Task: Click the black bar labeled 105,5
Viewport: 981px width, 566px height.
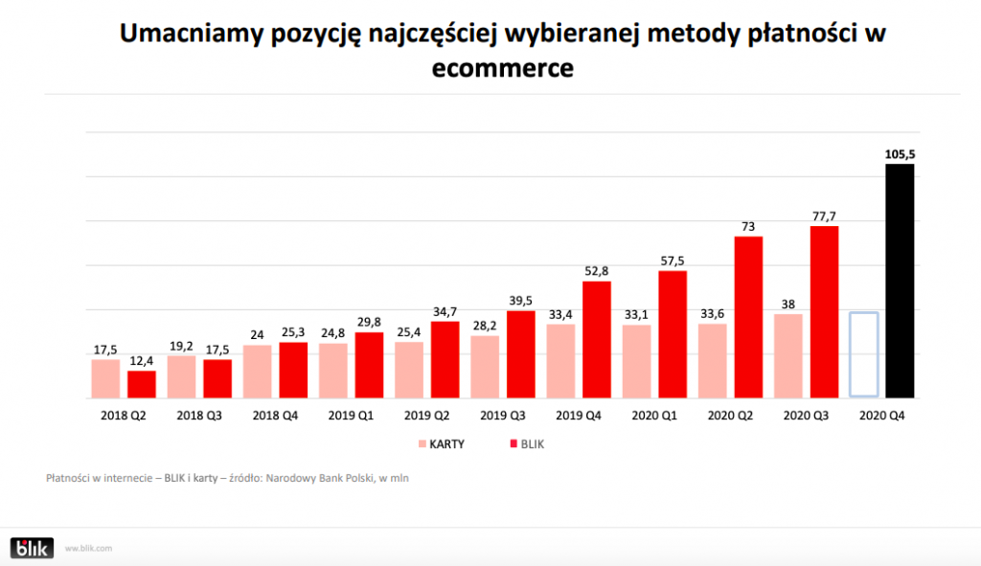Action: click(900, 281)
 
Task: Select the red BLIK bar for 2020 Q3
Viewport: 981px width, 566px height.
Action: click(824, 311)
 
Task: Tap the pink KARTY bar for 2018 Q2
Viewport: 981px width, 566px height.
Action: click(105, 378)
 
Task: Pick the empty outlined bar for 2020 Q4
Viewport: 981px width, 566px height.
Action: click(863, 354)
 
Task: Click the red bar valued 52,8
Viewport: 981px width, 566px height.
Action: click(597, 339)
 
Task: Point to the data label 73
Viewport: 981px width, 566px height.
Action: click(748, 227)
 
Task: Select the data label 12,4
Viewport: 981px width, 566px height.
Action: click(142, 360)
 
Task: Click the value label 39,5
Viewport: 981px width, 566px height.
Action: click(521, 301)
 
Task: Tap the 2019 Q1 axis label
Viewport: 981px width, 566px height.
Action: click(351, 417)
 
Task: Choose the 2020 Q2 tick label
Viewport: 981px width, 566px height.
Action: click(730, 417)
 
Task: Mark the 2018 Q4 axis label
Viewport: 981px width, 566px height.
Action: click(275, 417)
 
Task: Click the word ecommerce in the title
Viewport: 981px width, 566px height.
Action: click(502, 68)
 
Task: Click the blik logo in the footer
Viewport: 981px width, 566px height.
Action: click(32, 548)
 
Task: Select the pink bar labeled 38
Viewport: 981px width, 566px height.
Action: click(787, 355)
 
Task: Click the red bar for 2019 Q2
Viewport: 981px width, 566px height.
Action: click(445, 359)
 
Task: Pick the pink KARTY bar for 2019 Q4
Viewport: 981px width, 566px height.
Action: click(560, 360)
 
